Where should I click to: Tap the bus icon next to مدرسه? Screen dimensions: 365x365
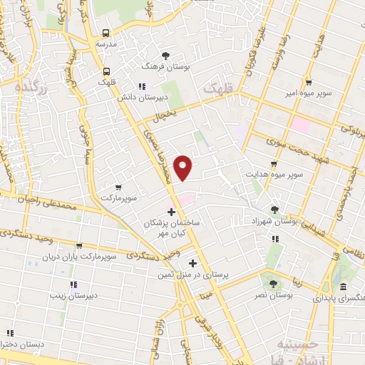(x=106, y=33)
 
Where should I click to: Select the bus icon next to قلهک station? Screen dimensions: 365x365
(x=106, y=71)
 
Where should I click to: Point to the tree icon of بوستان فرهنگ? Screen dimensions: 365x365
(x=166, y=55)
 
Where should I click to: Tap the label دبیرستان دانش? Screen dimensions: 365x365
(x=162, y=95)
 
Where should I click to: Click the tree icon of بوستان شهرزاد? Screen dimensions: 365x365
(x=274, y=210)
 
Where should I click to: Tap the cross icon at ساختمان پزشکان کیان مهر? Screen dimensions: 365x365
(x=171, y=212)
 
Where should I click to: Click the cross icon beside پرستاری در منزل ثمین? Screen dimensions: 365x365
(x=192, y=263)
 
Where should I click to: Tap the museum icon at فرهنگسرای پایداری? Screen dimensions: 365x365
(x=344, y=287)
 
